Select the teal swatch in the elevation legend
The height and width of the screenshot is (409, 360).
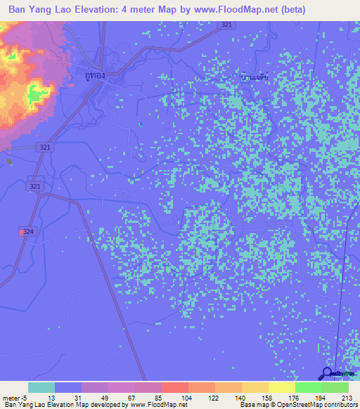(x=41, y=387)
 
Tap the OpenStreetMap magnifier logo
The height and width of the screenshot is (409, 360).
(x=327, y=374)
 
